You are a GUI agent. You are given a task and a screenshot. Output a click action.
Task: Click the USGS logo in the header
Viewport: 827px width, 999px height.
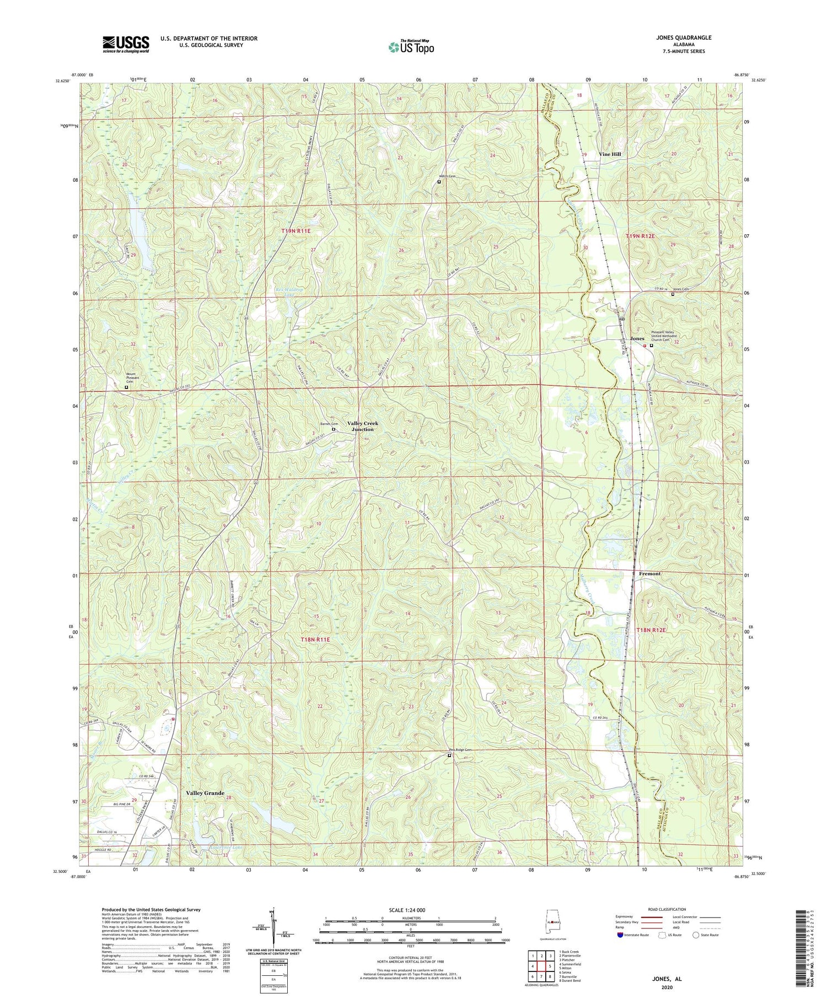[x=126, y=44]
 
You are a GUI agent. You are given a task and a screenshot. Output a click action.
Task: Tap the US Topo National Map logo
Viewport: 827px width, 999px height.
[x=411, y=46]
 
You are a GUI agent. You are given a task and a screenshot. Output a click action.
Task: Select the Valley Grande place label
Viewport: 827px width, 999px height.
[x=205, y=793]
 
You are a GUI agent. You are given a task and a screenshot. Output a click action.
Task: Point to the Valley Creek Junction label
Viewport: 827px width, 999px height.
[x=362, y=426]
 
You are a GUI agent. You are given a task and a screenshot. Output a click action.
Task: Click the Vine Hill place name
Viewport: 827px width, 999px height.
[x=610, y=154]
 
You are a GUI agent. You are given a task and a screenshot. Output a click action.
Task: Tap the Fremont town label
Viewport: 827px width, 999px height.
[x=649, y=574]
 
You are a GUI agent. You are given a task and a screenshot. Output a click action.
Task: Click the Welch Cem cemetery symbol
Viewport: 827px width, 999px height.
[x=439, y=181]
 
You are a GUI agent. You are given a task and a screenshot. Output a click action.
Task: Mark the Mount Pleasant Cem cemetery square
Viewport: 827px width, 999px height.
[x=126, y=387]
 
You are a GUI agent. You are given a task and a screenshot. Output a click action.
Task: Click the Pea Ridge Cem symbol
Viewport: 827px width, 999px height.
[x=449, y=755]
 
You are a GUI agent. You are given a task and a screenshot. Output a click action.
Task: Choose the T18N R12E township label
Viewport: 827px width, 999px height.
[x=651, y=629]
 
